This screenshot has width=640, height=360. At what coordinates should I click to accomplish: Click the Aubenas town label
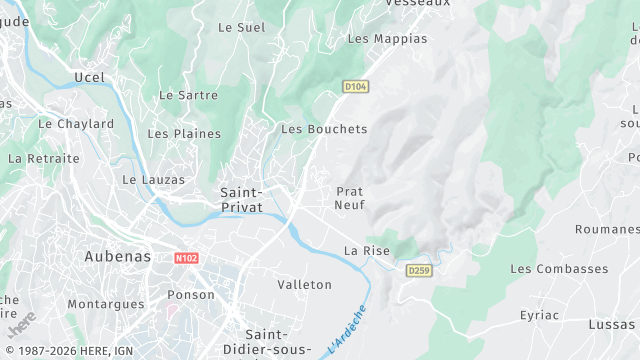tap(118, 256)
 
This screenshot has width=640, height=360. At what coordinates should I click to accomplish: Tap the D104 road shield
tap(355, 86)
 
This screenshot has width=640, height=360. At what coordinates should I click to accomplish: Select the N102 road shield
tap(186, 257)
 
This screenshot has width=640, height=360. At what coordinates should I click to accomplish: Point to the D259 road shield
tap(418, 270)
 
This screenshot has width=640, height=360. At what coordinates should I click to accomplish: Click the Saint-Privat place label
tap(241, 199)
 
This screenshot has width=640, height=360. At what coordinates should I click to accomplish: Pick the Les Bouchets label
tap(324, 129)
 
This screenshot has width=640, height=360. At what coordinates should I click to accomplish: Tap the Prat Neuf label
tap(350, 197)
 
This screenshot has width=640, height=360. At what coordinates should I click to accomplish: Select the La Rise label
tap(366, 250)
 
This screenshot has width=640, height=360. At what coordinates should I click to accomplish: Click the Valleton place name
tap(304, 285)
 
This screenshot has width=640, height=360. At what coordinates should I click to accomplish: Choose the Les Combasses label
tap(559, 269)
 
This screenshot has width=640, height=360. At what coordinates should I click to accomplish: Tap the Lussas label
tap(610, 326)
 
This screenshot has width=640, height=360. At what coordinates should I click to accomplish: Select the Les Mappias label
tap(386, 38)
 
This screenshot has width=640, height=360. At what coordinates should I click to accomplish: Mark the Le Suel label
tap(242, 27)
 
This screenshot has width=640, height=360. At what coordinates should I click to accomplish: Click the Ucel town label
tap(89, 77)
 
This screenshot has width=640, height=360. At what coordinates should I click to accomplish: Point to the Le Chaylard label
tap(76, 124)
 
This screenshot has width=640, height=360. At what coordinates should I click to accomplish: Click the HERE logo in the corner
tap(22, 326)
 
